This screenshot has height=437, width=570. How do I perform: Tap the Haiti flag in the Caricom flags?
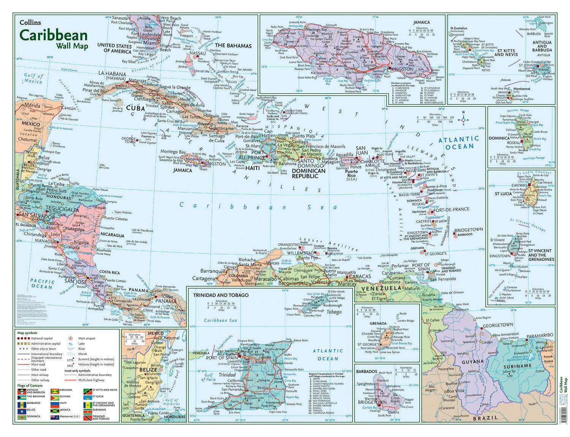click(55, 403)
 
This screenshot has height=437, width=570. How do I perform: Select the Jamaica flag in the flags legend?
click(55, 410)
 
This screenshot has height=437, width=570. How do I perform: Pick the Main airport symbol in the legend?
click(70, 338)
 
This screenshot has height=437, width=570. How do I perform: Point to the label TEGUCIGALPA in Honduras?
click(62, 209)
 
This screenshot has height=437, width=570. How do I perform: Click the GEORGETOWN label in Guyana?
click(498, 325)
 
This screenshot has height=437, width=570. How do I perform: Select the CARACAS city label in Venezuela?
click(359, 276)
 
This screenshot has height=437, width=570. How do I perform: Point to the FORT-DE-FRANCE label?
click(451, 210)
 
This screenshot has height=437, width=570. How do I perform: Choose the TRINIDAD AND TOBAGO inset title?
click(221, 295)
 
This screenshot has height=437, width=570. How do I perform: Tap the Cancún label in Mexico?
click(69, 108)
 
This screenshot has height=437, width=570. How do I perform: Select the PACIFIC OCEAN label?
click(43, 284)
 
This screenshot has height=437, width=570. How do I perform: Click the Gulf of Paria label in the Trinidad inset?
click(209, 377)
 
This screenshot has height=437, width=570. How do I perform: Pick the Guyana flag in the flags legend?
click(55, 396)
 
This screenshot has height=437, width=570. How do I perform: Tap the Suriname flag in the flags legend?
click(87, 410)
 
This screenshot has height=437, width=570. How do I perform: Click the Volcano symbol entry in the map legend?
click(70, 364)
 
